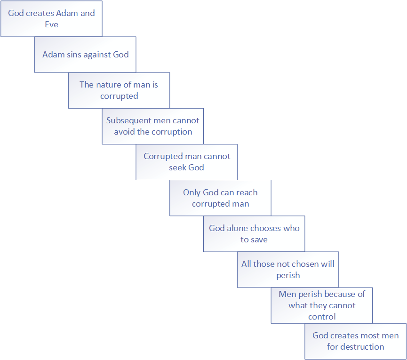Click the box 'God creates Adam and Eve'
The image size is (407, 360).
[x=51, y=19]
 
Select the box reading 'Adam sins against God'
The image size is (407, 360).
[x=85, y=55]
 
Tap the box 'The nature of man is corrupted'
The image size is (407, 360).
[x=119, y=90]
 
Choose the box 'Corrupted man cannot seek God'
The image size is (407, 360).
[x=186, y=162]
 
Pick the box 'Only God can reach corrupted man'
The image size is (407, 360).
[x=220, y=198]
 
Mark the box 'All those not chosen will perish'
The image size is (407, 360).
[x=288, y=270]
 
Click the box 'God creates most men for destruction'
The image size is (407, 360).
[x=355, y=341]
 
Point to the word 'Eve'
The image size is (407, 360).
[x=51, y=24]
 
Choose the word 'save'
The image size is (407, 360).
[x=259, y=240]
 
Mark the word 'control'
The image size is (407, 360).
[x=322, y=317]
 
